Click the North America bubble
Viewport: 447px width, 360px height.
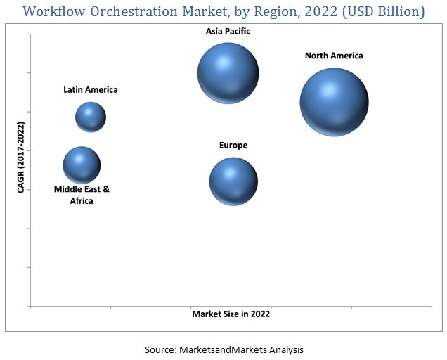[334, 102]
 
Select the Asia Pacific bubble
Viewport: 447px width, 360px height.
[228, 72]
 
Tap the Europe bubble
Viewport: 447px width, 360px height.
[233, 181]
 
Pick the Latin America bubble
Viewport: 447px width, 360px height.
[91, 117]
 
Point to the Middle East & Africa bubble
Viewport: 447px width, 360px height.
[82, 165]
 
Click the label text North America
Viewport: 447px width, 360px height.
[334, 56]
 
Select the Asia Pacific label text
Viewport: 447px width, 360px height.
[228, 32]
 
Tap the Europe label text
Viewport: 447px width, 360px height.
[233, 146]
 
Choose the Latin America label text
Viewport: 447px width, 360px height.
[91, 90]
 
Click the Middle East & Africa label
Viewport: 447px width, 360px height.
[82, 195]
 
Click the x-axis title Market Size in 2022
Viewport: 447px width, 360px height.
[231, 314]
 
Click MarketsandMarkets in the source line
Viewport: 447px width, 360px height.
[227, 349]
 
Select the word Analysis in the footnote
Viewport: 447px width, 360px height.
[286, 349]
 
